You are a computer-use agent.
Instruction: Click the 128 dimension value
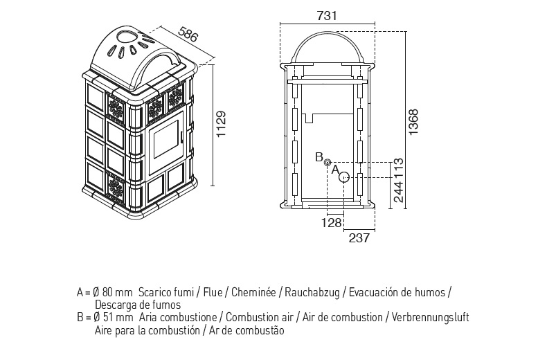tap(332, 223)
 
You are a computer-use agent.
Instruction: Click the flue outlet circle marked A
tap(343, 177)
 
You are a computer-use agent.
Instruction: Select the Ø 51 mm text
tap(113, 317)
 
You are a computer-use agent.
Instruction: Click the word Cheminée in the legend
tap(253, 293)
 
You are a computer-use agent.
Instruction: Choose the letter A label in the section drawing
tap(334, 168)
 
